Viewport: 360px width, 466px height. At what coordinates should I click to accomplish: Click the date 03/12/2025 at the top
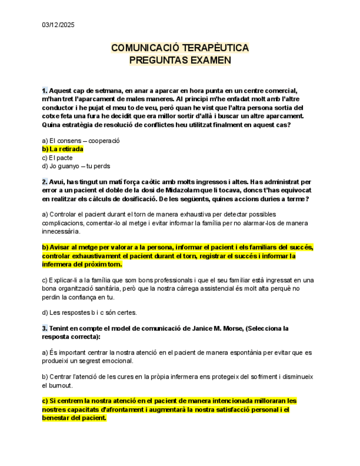58,25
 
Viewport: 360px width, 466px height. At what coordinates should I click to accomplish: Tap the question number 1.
45,90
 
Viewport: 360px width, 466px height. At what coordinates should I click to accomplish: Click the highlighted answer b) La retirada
63,149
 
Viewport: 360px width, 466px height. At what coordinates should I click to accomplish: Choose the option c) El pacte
57,158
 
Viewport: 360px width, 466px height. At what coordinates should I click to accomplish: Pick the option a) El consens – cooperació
81,140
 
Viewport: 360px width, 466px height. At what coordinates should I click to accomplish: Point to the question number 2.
45,181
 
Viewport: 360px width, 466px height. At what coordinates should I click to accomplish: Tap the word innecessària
61,232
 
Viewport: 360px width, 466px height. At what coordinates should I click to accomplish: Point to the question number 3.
45,328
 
